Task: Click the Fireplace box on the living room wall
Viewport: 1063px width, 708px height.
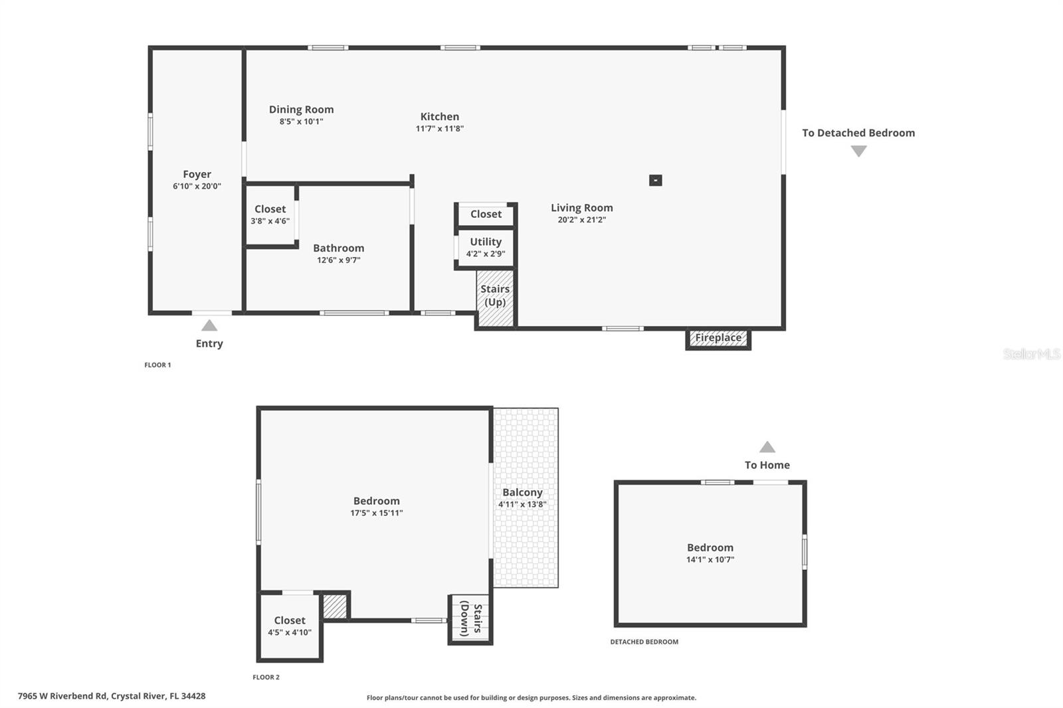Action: pyautogui.click(x=718, y=339)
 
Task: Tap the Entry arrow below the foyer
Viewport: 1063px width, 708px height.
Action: pyautogui.click(x=209, y=325)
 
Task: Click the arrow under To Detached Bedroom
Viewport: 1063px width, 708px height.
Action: pyautogui.click(x=858, y=151)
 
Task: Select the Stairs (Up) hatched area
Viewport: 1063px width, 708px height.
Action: pyautogui.click(x=496, y=297)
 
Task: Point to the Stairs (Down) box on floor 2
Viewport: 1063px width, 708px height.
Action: pyautogui.click(x=470, y=620)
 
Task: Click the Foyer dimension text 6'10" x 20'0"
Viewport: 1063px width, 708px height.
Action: pyautogui.click(x=197, y=187)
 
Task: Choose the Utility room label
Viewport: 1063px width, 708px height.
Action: pyautogui.click(x=486, y=242)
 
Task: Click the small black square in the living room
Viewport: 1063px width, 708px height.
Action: pyautogui.click(x=655, y=180)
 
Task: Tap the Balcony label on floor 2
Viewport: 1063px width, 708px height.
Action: pyautogui.click(x=522, y=492)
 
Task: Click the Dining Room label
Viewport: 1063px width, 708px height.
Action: pyautogui.click(x=301, y=110)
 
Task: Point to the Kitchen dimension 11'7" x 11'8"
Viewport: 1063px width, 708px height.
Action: pyautogui.click(x=439, y=129)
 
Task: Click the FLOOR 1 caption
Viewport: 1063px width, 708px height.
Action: pyautogui.click(x=157, y=365)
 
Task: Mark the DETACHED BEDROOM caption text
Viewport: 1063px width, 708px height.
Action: pyautogui.click(x=644, y=642)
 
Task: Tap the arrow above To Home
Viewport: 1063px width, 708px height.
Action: pyautogui.click(x=767, y=447)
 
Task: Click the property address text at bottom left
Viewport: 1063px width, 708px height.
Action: pyautogui.click(x=112, y=696)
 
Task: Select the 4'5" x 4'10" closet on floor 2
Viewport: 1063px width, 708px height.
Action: pyautogui.click(x=290, y=626)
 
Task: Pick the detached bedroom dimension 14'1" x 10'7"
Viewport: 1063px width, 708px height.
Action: pyautogui.click(x=710, y=560)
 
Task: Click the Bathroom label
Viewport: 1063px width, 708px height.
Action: pyautogui.click(x=338, y=248)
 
